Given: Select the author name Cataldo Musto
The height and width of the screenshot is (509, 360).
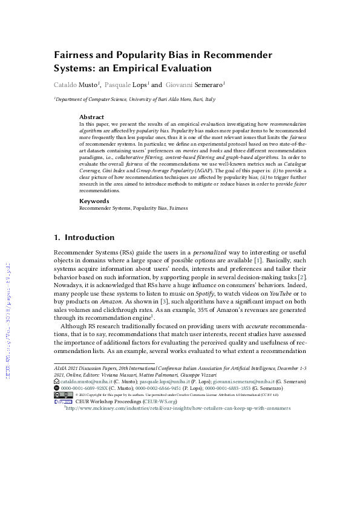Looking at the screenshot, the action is coord(77,85).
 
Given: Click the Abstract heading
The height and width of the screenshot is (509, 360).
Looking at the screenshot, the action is coord(93,117).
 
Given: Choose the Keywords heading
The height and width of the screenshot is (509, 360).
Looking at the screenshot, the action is coord(94,201).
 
